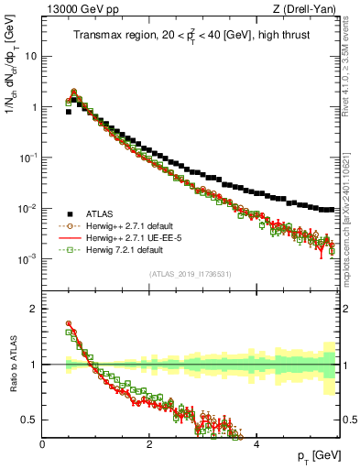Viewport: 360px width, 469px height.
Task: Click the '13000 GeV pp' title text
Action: pos(77,9)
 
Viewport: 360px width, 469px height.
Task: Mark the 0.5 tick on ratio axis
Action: pos(30,420)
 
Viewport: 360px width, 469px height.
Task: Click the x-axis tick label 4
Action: pos(256,443)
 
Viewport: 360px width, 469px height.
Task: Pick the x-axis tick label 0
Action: pos(43,443)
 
